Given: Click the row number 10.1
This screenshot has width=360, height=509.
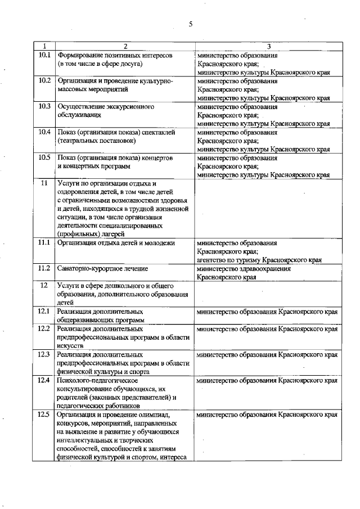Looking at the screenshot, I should tap(44, 56).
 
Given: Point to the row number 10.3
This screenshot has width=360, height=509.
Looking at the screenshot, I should tap(44, 106).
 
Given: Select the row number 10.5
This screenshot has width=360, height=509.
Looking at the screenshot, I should tap(44, 158).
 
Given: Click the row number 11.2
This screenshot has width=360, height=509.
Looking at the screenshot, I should tap(44, 268).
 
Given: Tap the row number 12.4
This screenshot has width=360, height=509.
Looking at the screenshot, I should tap(44, 381).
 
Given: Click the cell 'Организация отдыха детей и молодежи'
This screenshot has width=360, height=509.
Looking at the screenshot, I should tap(116, 243).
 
